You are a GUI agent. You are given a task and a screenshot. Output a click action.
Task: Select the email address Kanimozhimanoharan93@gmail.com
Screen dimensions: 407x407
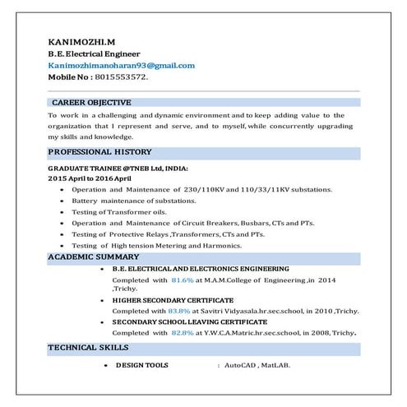click(122, 65)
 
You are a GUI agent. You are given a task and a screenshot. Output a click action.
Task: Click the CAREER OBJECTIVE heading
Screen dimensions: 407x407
click(91, 103)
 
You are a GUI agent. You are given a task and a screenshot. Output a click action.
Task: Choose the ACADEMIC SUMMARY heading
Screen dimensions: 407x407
click(94, 257)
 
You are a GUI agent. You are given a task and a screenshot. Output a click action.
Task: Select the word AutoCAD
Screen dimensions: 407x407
click(243, 365)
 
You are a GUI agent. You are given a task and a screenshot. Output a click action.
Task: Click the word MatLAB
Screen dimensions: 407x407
click(278, 365)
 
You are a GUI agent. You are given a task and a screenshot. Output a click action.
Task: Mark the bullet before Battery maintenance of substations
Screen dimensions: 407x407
click(63, 201)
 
